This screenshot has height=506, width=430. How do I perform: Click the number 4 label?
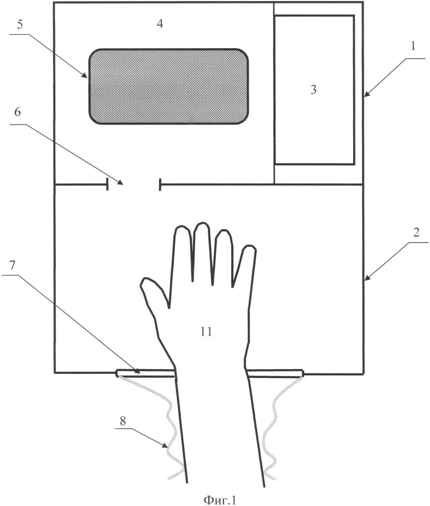[x=160, y=24]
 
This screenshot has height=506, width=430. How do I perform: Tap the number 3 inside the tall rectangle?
[x=313, y=90]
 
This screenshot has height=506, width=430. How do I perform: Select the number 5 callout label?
[x=20, y=25]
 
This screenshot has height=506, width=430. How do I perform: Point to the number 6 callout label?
[x=18, y=112]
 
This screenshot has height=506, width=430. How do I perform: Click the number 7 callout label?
[x=12, y=265]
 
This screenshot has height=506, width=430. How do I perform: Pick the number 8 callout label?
[x=123, y=421]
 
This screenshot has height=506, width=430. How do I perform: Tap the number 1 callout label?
[x=413, y=46]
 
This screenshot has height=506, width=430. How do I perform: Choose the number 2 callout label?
[x=416, y=232]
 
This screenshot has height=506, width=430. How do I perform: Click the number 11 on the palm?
[x=206, y=332]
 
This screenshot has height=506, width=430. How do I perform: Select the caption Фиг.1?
[x=220, y=500]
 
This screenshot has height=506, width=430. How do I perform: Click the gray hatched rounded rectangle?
[x=169, y=86]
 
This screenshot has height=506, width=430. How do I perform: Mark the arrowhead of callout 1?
[x=366, y=94]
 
